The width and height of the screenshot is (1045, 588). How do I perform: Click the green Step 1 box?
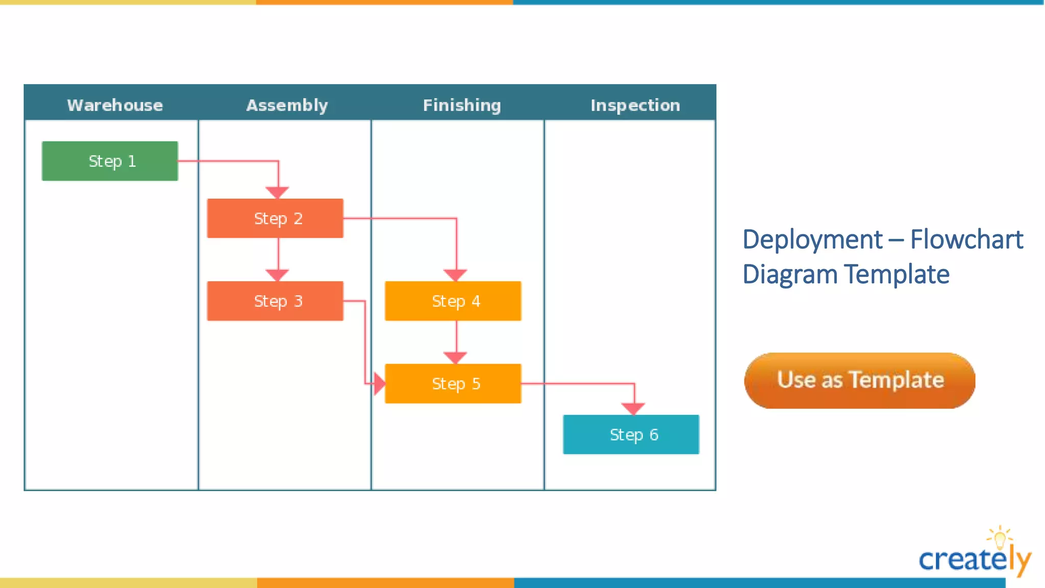click(110, 161)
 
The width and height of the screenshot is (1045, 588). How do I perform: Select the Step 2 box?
click(275, 218)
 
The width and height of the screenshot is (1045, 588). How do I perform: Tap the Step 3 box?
click(275, 301)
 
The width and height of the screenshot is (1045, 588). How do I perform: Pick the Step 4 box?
click(453, 301)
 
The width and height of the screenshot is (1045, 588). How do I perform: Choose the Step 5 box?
click(453, 384)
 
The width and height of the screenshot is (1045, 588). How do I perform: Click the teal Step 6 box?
click(631, 434)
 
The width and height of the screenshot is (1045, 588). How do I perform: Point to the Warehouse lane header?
click(115, 105)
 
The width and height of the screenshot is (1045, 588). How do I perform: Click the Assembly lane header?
click(287, 105)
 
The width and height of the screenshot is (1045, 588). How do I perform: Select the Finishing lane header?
click(462, 105)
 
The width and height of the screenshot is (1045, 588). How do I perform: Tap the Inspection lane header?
click(635, 105)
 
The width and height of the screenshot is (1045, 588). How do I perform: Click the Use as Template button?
click(860, 380)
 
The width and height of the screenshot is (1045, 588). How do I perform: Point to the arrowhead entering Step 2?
click(278, 192)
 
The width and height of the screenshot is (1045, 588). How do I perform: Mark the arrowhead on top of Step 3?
click(278, 275)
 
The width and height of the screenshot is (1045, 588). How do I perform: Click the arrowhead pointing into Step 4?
click(456, 275)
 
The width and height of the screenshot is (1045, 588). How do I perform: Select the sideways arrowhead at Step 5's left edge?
click(379, 384)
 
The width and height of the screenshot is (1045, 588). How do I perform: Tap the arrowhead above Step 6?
click(633, 408)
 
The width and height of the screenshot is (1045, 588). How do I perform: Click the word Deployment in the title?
click(812, 240)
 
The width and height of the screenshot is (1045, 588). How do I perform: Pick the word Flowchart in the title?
click(966, 240)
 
